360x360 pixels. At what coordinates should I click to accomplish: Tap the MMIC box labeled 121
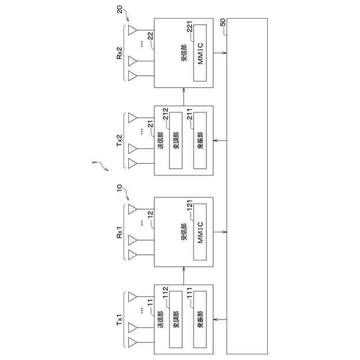(x=200, y=231)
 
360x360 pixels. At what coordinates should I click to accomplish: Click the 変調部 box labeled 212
(x=176, y=141)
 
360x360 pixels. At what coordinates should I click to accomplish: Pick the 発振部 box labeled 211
(x=200, y=141)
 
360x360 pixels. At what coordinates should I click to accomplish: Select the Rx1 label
(x=119, y=232)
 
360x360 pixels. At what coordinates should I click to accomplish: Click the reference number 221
(x=190, y=30)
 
